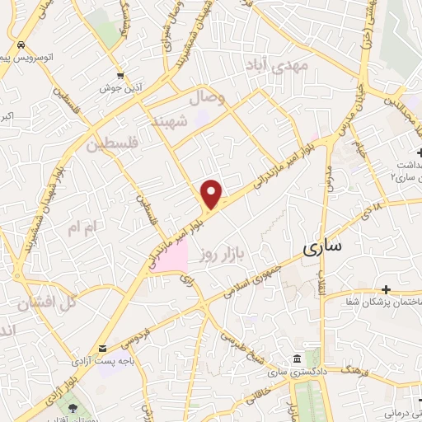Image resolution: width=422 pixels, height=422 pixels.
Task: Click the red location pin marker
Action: (212, 194)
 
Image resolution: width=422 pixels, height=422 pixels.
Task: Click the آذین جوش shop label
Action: (121, 87)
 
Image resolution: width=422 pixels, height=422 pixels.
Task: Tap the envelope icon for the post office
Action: (102, 349)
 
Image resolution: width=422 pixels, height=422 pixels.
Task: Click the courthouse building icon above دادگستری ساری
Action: (297, 358)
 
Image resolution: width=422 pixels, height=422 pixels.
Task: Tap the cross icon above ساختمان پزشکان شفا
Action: (386, 290)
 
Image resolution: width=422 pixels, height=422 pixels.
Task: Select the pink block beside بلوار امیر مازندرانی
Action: (170, 256)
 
